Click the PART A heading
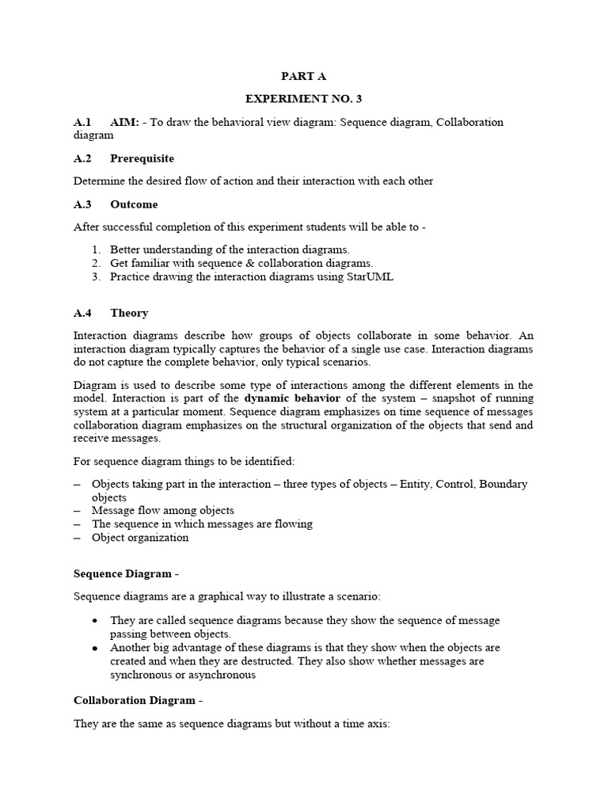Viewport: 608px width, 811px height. (303, 77)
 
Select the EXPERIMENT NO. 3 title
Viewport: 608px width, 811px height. (303, 99)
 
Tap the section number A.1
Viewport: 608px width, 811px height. (82, 122)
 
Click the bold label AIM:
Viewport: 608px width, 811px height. (125, 122)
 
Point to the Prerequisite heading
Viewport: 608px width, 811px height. (142, 158)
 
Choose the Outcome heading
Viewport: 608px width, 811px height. (134, 204)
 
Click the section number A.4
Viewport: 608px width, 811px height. (82, 313)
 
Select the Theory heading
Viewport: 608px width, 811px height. (129, 313)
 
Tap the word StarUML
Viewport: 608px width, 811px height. (370, 276)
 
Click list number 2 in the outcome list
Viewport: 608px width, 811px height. (95, 263)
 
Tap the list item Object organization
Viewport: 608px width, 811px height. (140, 538)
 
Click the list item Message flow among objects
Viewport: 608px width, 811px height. (163, 511)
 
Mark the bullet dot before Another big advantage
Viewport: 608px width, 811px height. (95, 648)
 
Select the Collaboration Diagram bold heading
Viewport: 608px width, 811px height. (134, 701)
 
